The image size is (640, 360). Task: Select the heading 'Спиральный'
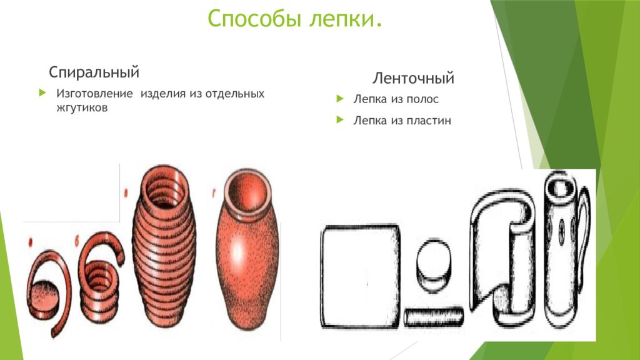point(94,72)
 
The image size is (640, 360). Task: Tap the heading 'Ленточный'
point(413,79)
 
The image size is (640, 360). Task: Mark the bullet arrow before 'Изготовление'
point(42,93)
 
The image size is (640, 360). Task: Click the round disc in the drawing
point(432,262)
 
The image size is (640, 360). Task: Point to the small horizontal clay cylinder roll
point(433,317)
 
